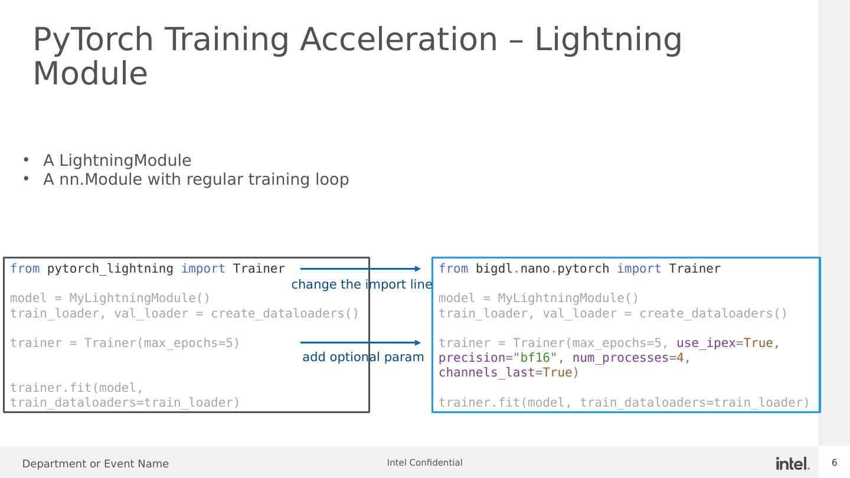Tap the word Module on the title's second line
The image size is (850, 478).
pyautogui.click(x=90, y=73)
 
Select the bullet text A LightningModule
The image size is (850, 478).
pyautogui.click(x=117, y=160)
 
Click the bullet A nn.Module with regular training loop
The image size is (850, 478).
pyautogui.click(x=196, y=179)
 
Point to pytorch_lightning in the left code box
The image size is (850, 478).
pyautogui.click(x=110, y=269)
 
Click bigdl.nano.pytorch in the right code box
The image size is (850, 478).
pyautogui.click(x=542, y=269)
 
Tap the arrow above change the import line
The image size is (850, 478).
pyautogui.click(x=361, y=269)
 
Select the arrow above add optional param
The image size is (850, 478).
pyautogui.click(x=361, y=342)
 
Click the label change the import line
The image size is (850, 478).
pyautogui.click(x=362, y=284)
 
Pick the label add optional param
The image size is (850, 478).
pyautogui.click(x=363, y=357)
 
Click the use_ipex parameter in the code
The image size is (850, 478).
pyautogui.click(x=706, y=343)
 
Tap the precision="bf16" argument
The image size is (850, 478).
pyautogui.click(x=498, y=358)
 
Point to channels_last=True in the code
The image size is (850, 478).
pyautogui.click(x=505, y=372)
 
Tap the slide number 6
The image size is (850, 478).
pyautogui.click(x=835, y=463)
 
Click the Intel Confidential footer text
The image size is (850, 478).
pyautogui.click(x=424, y=463)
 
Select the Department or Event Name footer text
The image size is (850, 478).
pyautogui.click(x=95, y=464)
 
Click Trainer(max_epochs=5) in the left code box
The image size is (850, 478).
pyautogui.click(x=162, y=343)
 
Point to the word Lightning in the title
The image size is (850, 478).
pyautogui.click(x=608, y=41)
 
